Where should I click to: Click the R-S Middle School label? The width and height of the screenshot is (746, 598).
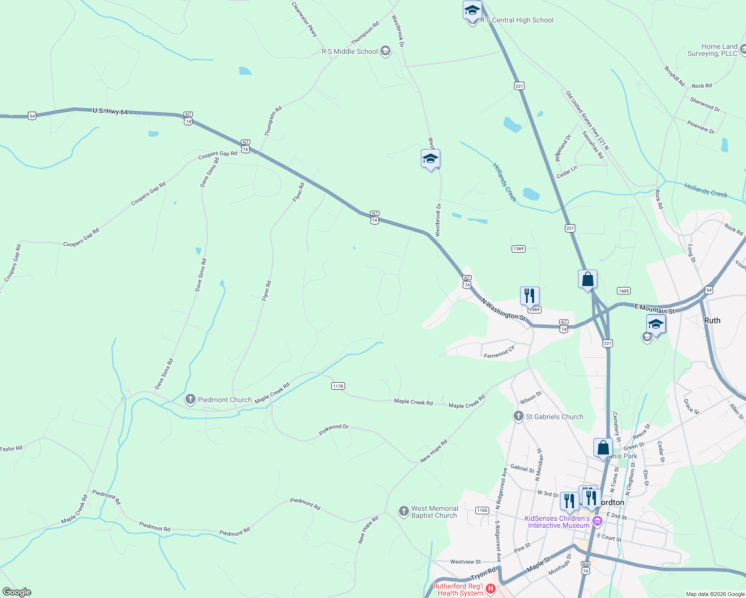click(350, 51)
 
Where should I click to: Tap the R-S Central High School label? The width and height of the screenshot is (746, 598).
click(517, 20)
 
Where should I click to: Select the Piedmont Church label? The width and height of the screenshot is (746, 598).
click(224, 400)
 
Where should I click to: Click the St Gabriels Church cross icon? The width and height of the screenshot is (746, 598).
click(518, 416)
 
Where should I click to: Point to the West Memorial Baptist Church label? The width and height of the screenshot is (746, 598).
click(434, 512)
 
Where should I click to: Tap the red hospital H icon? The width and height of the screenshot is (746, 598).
click(491, 589)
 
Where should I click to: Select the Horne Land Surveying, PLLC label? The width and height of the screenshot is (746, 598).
click(712, 50)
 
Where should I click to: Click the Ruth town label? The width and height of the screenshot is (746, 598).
click(712, 320)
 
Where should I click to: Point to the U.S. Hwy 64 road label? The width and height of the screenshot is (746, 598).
click(110, 111)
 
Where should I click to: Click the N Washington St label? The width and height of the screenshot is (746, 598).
click(503, 309)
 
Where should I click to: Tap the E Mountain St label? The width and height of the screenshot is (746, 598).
click(654, 309)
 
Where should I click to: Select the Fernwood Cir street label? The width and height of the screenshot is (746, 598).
click(499, 353)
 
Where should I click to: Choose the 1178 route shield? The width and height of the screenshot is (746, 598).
click(338, 386)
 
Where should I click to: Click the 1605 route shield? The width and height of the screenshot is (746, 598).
click(623, 291)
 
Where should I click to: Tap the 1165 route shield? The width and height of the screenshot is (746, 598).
click(482, 510)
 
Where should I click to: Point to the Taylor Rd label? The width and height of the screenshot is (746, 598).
click(11, 449)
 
